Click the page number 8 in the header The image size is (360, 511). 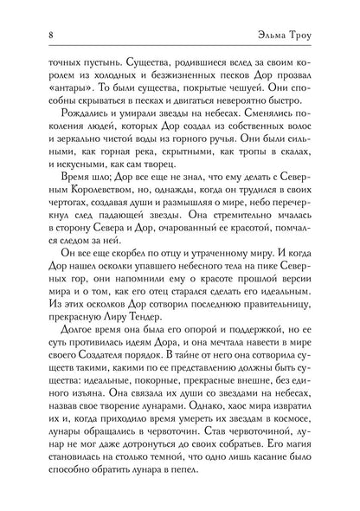tap(41, 36)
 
